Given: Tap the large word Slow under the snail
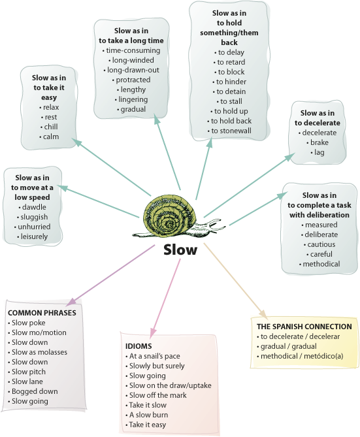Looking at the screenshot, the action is (x=180, y=250).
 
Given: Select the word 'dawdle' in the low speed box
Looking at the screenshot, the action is (x=34, y=207).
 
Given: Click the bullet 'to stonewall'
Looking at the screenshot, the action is (x=231, y=131).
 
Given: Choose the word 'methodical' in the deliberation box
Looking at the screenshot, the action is (x=321, y=264).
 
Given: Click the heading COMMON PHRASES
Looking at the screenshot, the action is (x=42, y=313).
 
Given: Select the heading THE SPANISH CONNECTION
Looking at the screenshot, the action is (x=304, y=327).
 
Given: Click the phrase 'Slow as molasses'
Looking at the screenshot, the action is (x=39, y=352).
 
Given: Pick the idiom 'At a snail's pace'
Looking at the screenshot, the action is (x=154, y=356).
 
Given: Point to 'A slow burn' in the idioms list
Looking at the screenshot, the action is (x=148, y=415).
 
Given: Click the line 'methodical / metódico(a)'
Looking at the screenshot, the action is (x=302, y=356).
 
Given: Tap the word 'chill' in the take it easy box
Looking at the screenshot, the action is (x=51, y=127).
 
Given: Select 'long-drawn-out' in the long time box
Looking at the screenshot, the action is (x=133, y=70).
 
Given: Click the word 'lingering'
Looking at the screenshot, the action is (x=133, y=99).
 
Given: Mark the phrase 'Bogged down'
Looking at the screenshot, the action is (x=35, y=391).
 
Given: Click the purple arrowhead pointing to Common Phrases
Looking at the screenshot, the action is (x=72, y=302).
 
